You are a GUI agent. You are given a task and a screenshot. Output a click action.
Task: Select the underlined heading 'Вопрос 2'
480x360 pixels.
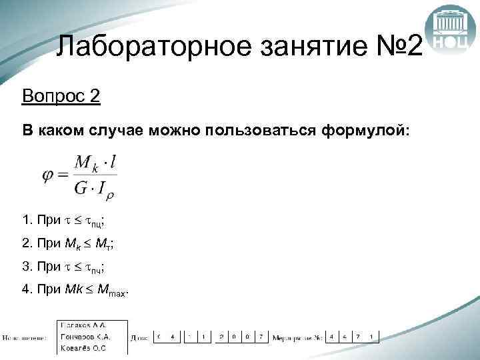(x=61, y=97)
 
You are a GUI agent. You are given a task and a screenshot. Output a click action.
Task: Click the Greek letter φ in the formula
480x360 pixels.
(x=48, y=176)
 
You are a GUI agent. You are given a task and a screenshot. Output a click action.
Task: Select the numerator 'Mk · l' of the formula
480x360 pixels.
(x=95, y=163)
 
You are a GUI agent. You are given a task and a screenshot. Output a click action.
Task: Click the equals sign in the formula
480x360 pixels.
(x=63, y=176)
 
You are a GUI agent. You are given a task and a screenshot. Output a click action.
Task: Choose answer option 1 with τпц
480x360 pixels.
(x=64, y=221)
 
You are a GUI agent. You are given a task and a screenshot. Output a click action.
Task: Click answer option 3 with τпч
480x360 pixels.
(x=64, y=267)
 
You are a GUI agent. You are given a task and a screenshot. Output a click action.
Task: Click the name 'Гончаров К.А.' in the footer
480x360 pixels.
(x=85, y=337)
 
